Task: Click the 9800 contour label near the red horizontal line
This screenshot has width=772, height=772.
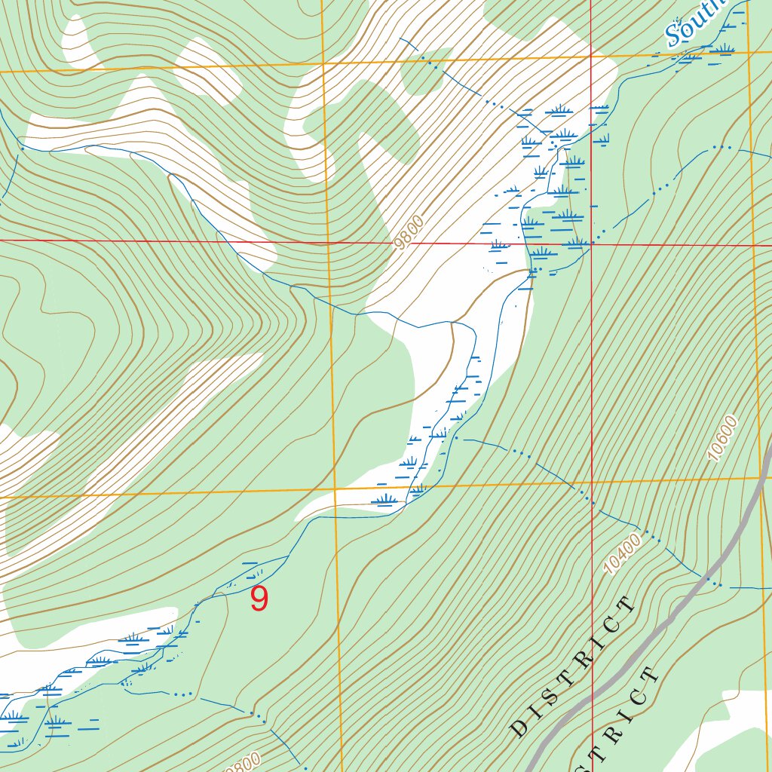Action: [x=409, y=231]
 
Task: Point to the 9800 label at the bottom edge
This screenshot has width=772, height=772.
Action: [x=243, y=762]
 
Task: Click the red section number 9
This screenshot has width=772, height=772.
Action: [x=259, y=599]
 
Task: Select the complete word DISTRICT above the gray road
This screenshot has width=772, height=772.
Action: [x=572, y=666]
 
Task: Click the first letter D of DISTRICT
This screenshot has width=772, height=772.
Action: [x=518, y=728]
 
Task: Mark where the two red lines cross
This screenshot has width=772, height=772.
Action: [x=593, y=244]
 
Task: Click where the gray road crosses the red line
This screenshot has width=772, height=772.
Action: [x=593, y=693]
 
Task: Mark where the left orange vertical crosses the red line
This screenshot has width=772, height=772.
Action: [x=329, y=243]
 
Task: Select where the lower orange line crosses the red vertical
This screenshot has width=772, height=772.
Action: [x=593, y=482]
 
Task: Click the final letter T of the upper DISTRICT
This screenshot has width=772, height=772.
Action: [x=627, y=605]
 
